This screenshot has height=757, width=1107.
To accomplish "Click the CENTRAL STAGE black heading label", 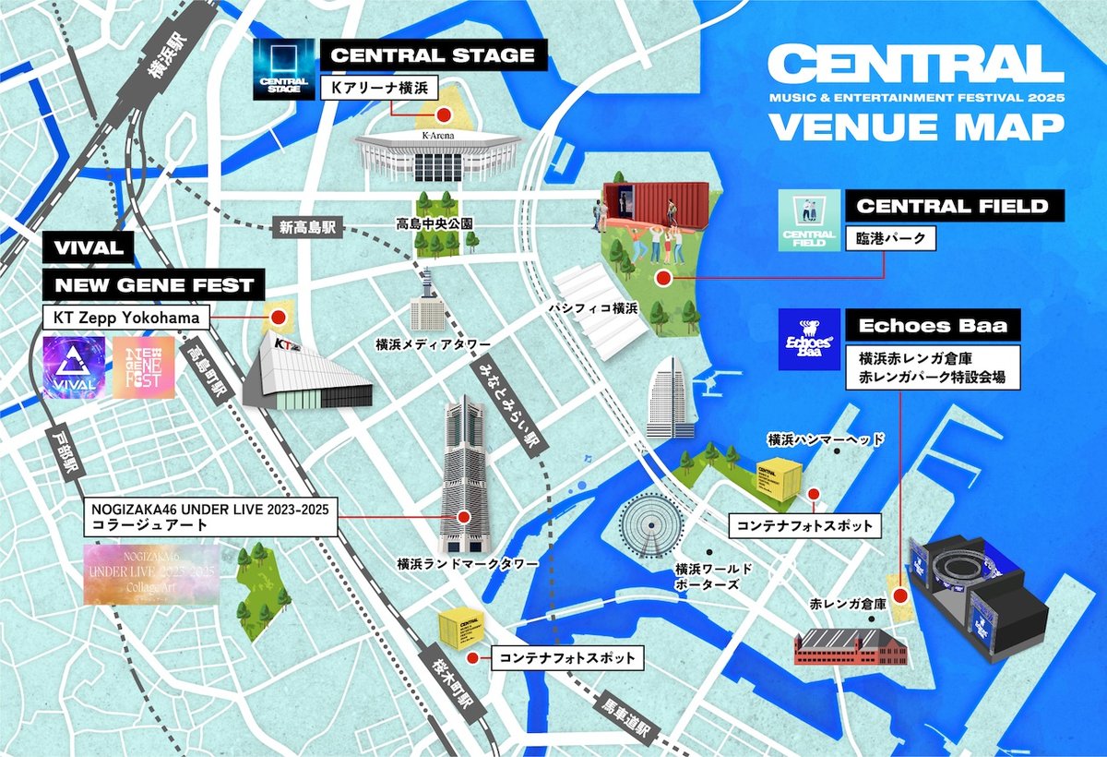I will pyautogui.click(x=433, y=55).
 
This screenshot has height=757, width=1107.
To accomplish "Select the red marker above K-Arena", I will pyautogui.click(x=443, y=115).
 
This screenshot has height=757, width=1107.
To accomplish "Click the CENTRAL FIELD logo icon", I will pyautogui.click(x=809, y=221).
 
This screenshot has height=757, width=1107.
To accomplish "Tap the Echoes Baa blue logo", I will pyautogui.click(x=809, y=339).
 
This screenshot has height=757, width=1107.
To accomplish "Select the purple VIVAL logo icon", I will pyautogui.click(x=75, y=366).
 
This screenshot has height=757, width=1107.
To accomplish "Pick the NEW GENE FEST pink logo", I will pyautogui.click(x=143, y=366).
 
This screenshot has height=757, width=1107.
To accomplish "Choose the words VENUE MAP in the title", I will pyautogui.click(x=916, y=126).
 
